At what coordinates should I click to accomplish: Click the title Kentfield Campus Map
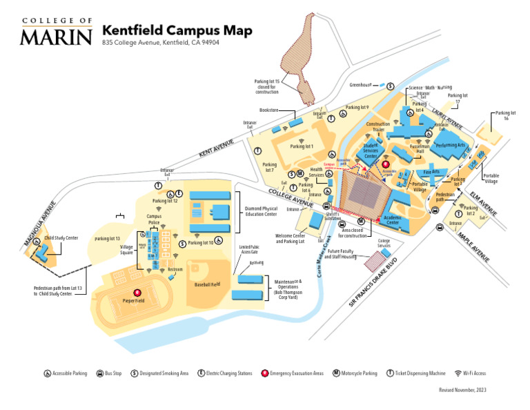(x=177, y=30)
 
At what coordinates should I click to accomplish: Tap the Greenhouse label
(x=360, y=85)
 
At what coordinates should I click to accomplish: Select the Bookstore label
(x=268, y=110)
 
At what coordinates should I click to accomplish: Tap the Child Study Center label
(x=61, y=238)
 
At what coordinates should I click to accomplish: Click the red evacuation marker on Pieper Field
(x=137, y=293)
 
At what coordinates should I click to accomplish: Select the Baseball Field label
(x=207, y=284)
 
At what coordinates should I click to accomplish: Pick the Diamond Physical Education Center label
(x=260, y=211)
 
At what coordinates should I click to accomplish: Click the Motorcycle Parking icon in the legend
(x=336, y=373)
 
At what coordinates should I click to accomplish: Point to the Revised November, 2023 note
(x=462, y=390)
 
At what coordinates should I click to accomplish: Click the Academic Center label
(x=392, y=220)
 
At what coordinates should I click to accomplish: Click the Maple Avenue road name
(x=474, y=246)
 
